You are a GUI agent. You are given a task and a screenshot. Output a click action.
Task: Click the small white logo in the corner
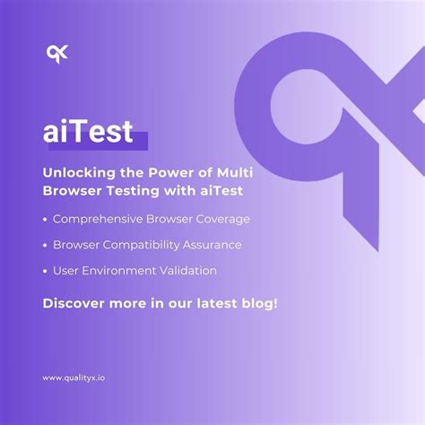click(x=57, y=55)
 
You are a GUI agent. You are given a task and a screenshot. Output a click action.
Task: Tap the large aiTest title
click(x=88, y=132)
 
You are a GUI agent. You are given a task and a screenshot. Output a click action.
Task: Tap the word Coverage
click(x=221, y=219)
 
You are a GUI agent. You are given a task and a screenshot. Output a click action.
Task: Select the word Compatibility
click(x=143, y=245)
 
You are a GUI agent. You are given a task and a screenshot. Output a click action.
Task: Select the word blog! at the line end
click(x=258, y=303)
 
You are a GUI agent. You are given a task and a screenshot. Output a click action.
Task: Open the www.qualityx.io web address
click(x=78, y=377)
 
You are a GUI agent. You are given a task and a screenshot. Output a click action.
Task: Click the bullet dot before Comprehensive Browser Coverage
click(x=46, y=220)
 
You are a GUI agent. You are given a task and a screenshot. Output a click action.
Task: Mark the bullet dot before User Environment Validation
click(x=46, y=271)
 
